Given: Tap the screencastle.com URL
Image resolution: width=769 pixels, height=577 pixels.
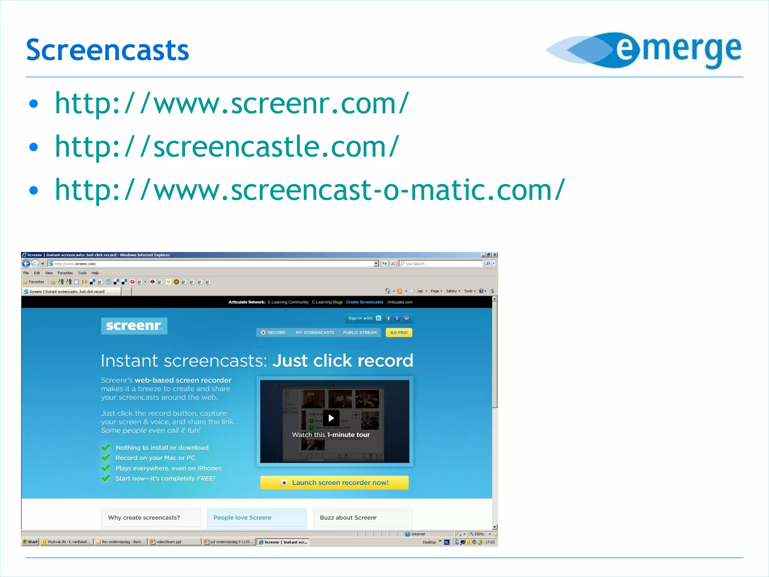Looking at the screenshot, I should [x=227, y=147].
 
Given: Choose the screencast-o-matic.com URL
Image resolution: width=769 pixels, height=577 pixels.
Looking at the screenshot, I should [x=310, y=190].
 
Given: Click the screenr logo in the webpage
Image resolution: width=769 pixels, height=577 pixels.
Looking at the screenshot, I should [x=134, y=326].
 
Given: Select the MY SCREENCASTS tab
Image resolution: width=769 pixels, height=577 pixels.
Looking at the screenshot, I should [x=315, y=332].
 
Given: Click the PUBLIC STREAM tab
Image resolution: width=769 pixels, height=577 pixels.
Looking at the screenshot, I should [x=359, y=332].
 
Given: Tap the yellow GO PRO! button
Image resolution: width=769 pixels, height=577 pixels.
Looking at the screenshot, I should [x=399, y=332].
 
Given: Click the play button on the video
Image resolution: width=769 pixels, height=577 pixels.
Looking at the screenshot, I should [x=331, y=418].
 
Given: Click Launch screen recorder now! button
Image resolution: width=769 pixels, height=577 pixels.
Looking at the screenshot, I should [x=334, y=483].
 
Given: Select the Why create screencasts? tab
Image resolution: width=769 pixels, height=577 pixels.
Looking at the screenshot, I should [x=144, y=518].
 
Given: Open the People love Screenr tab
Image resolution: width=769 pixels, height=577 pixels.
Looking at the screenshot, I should [x=243, y=518].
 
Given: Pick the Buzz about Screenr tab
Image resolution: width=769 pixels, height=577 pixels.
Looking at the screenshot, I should [x=348, y=518].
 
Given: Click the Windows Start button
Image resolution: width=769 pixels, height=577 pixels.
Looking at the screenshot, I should [x=30, y=542].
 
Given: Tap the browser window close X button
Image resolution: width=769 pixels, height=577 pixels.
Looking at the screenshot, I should [x=495, y=255].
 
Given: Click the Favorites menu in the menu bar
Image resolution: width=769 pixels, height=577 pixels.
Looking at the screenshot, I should [x=65, y=273].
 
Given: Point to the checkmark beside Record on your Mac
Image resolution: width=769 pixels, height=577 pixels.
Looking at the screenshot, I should [x=106, y=458].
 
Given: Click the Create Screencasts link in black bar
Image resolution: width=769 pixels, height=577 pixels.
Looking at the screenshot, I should [x=365, y=302].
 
